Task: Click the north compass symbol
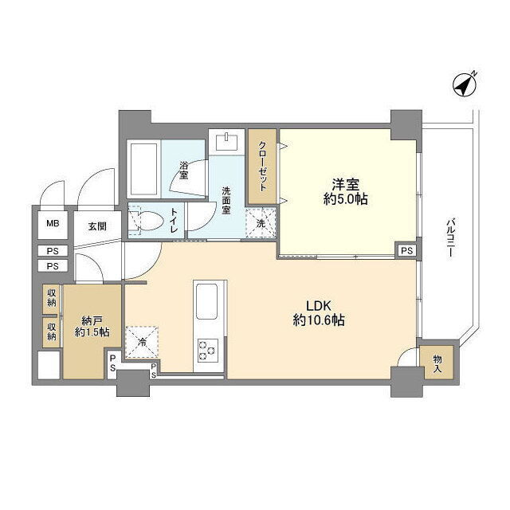pyautogui.click(x=465, y=85)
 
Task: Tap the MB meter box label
pyautogui.click(x=53, y=224)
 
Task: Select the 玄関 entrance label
pyautogui.click(x=97, y=226)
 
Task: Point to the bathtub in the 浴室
pyautogui.click(x=143, y=169)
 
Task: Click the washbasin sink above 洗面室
pyautogui.click(x=227, y=142)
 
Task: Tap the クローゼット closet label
pyautogui.click(x=263, y=167)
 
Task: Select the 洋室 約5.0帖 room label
pyautogui.click(x=345, y=192)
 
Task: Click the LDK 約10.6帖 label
pyautogui.click(x=319, y=313)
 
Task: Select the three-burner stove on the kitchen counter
pyautogui.click(x=207, y=351)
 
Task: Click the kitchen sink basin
pyautogui.click(x=207, y=302)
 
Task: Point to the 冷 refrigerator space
pyautogui.click(x=142, y=342)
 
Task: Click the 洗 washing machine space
pyautogui.click(x=261, y=223)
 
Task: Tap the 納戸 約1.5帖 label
pyautogui.click(x=92, y=327)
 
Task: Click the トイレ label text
pyautogui.click(x=175, y=220)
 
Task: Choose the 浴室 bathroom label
pyautogui.click(x=184, y=169)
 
